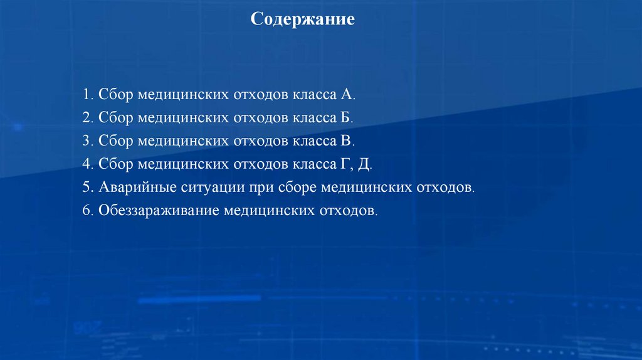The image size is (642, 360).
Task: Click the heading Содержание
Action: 303,19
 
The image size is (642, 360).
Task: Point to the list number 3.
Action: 85,141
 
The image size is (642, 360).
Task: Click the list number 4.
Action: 85,164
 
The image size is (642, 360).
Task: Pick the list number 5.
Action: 85,188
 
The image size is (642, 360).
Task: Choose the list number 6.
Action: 85,211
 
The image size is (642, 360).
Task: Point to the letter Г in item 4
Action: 345,164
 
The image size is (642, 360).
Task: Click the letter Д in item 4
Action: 365,165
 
